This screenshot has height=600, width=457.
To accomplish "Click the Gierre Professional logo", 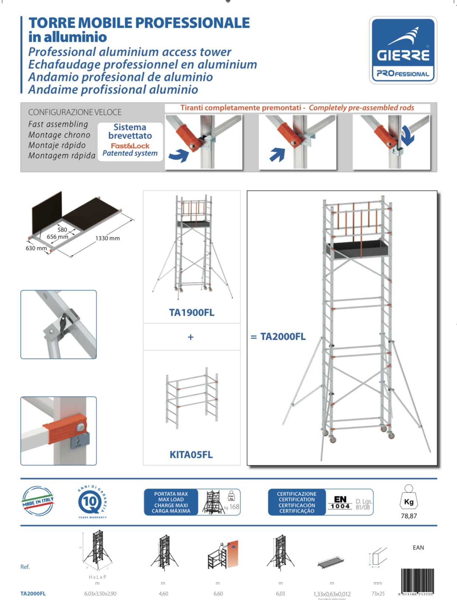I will (403, 50).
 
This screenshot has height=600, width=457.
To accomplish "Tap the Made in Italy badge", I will (38, 501).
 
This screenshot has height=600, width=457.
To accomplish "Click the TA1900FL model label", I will (192, 313).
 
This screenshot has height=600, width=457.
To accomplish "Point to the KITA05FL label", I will (191, 455).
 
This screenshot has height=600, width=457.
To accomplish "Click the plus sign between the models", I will (191, 337).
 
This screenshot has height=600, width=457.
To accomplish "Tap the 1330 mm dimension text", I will (108, 239).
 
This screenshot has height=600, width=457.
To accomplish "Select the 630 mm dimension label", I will (36, 248).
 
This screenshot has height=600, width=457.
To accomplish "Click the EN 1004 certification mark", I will (340, 503).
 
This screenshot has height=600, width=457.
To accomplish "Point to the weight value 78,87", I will (409, 516).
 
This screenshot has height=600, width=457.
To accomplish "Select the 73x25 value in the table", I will (378, 594).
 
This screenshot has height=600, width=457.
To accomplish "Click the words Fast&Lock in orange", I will (130, 146).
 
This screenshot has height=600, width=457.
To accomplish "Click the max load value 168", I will (234, 507).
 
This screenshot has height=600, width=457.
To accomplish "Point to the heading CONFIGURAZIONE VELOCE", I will (75, 112).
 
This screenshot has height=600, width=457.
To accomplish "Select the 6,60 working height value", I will (218, 594).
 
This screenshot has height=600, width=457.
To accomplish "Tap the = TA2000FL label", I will (278, 337).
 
